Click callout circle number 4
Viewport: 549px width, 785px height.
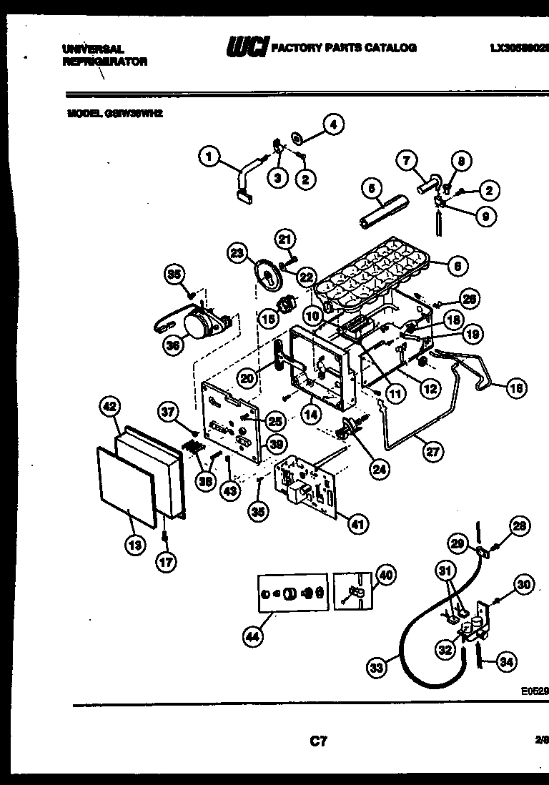coord(332,124)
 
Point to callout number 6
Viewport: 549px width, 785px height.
coord(458,266)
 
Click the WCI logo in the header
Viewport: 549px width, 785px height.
coord(246,48)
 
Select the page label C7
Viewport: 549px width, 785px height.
coord(318,742)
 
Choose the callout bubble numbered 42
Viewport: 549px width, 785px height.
coord(109,407)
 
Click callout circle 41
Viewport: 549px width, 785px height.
coord(355,525)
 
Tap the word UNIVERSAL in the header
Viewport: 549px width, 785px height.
coord(94,49)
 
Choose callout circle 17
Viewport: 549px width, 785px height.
coord(165,562)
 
